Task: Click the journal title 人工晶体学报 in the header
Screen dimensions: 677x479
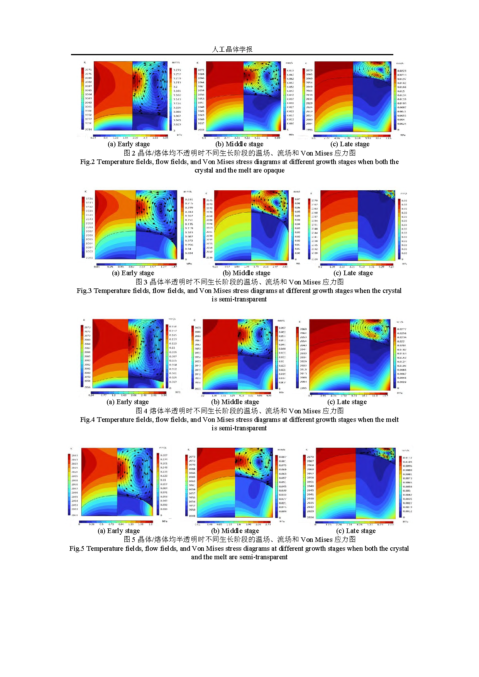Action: (x=232, y=49)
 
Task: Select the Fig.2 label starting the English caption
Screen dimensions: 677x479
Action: (x=87, y=162)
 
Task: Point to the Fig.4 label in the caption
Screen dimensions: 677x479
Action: (x=87, y=420)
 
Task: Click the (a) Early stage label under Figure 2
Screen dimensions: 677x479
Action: (x=129, y=144)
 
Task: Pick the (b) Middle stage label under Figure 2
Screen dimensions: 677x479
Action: (x=239, y=144)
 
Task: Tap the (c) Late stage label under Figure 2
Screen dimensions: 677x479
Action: (x=350, y=144)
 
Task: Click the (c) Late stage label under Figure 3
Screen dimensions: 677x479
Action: (x=353, y=273)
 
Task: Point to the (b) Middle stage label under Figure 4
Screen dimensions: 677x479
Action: (x=235, y=402)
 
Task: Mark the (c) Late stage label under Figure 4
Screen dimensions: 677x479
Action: (x=347, y=402)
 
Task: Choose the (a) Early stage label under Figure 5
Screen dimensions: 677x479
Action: (x=119, y=531)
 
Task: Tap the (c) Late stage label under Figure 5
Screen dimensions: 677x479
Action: (x=356, y=531)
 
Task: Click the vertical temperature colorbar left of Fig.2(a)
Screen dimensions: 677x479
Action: (x=82, y=99)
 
